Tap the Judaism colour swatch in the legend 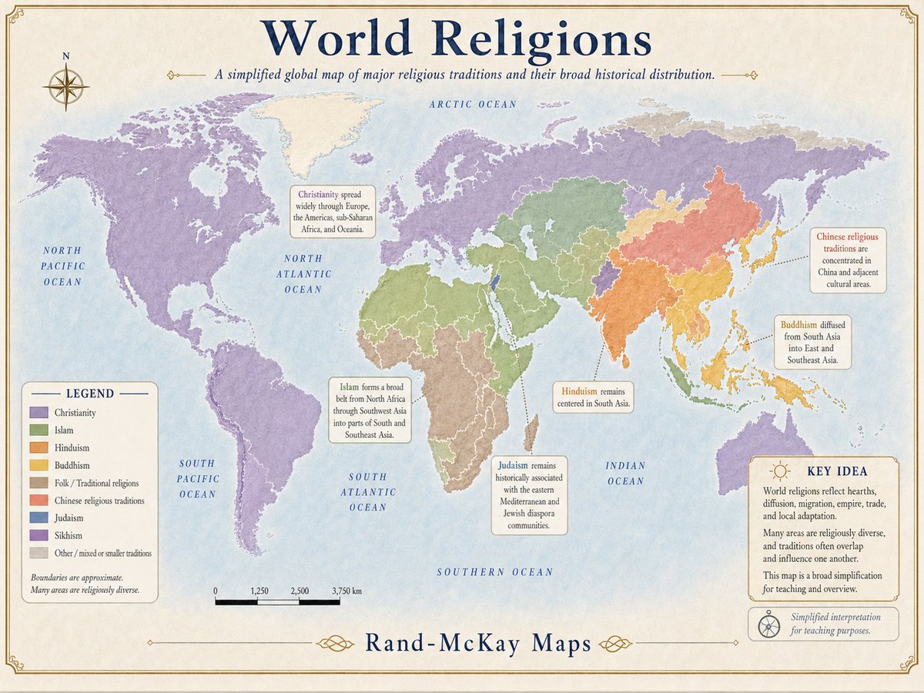[38, 518]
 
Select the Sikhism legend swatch [38, 535]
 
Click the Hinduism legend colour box [38, 448]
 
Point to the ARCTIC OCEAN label [473, 104]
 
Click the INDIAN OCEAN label [625, 474]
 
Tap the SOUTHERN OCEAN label [494, 572]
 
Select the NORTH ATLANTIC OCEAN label [307, 274]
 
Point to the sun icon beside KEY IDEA [780, 470]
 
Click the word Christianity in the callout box [317, 194]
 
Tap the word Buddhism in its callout [798, 325]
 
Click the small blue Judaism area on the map [495, 283]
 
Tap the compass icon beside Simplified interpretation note [768, 624]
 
